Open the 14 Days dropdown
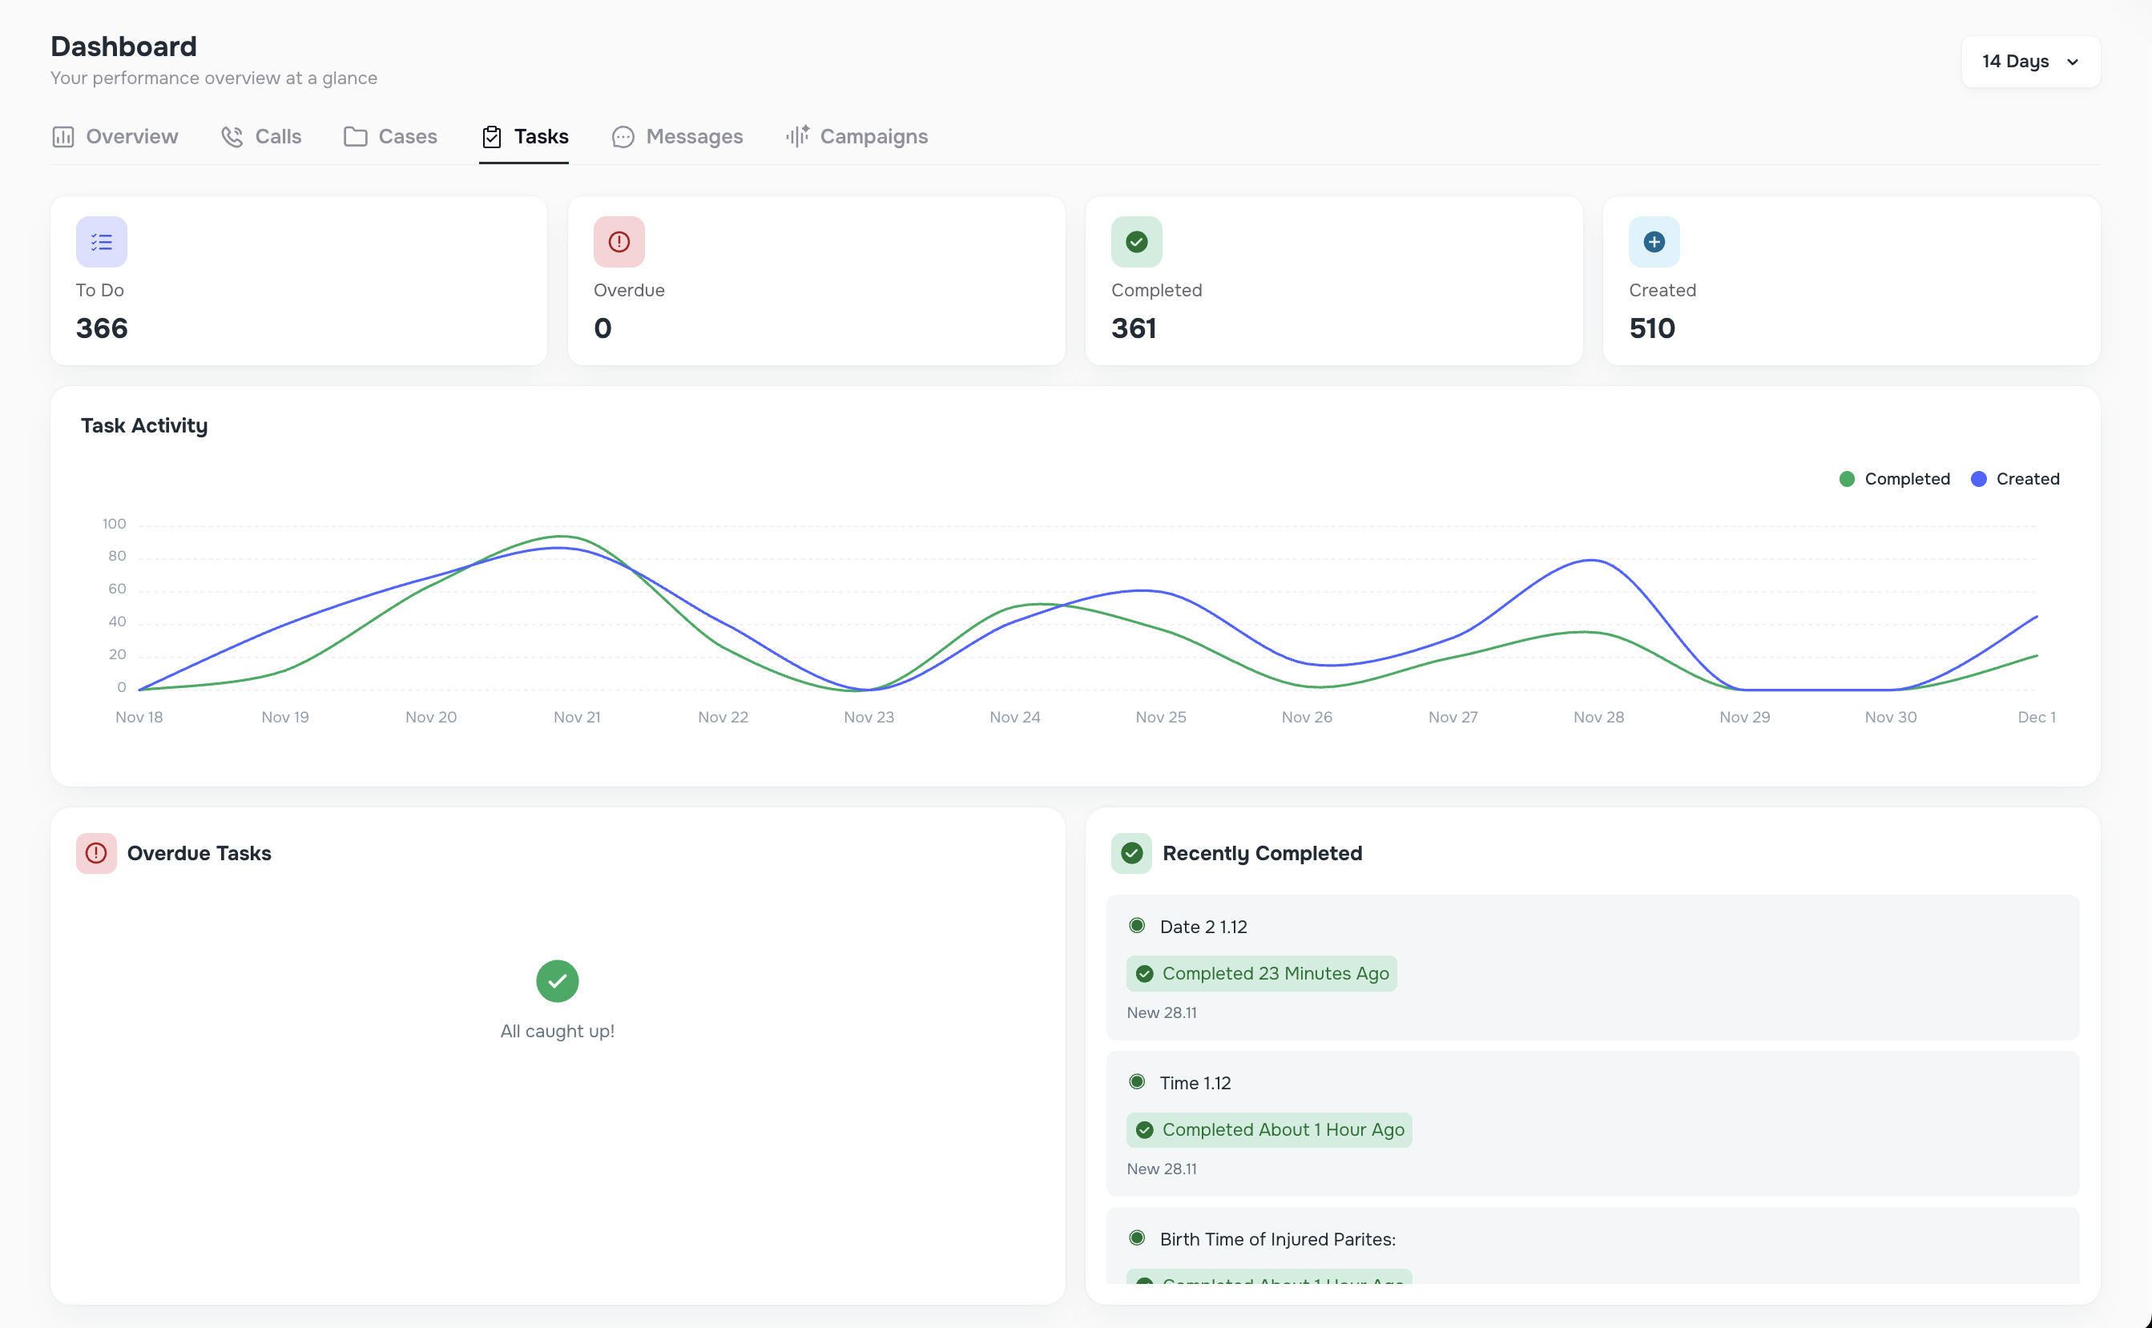point(2029,62)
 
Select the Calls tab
point(262,137)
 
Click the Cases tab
point(391,137)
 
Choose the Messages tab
point(677,137)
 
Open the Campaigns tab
point(857,137)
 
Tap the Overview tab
point(115,137)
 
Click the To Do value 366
point(102,328)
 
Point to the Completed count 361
point(1133,328)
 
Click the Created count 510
point(1651,328)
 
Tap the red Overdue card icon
point(619,242)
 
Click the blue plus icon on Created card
point(1654,242)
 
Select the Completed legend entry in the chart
point(1895,479)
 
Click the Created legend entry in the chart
point(2015,479)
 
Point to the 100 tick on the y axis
point(115,525)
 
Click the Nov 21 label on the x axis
point(577,718)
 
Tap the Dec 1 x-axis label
point(2036,718)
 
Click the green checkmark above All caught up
point(558,981)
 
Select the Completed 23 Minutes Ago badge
point(1261,974)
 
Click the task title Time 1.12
point(1195,1083)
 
